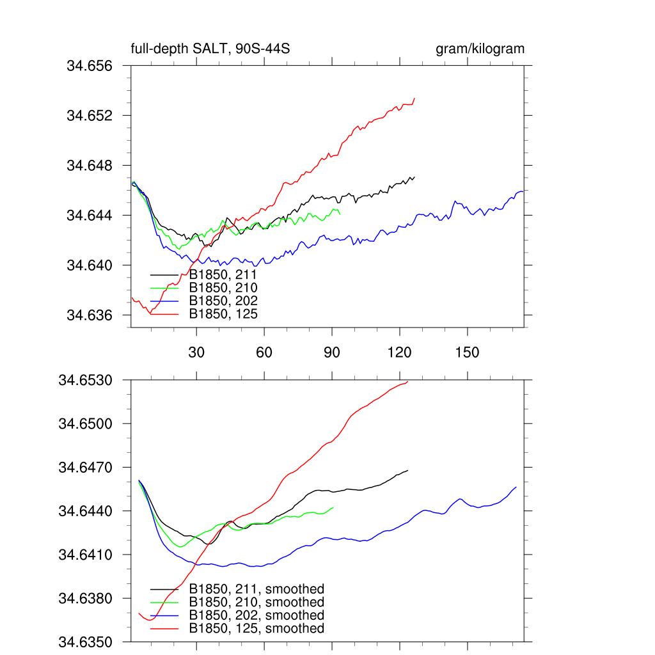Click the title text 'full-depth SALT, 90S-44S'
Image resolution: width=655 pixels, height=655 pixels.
pyautogui.click(x=212, y=49)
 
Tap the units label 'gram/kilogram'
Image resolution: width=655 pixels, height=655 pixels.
pyautogui.click(x=480, y=49)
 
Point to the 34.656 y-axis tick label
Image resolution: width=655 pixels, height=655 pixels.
pyautogui.click(x=90, y=66)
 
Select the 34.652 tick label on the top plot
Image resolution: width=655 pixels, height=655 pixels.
pyautogui.click(x=90, y=116)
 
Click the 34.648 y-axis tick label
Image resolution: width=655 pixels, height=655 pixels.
pyautogui.click(x=90, y=166)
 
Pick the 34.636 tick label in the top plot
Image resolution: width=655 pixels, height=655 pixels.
pyautogui.click(x=90, y=315)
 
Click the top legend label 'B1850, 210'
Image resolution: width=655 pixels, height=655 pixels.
pyautogui.click(x=223, y=288)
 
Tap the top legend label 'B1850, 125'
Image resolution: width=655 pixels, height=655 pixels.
pyautogui.click(x=223, y=314)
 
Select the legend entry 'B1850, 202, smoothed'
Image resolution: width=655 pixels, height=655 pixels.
pyautogui.click(x=256, y=615)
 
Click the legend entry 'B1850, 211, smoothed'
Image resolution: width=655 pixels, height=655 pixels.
pyautogui.click(x=256, y=589)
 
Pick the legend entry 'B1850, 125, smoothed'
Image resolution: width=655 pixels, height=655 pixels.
pyautogui.click(x=256, y=629)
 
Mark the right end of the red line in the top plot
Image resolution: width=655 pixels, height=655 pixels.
pyautogui.click(x=414, y=99)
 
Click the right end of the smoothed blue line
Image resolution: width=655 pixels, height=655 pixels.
pyautogui.click(x=516, y=487)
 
